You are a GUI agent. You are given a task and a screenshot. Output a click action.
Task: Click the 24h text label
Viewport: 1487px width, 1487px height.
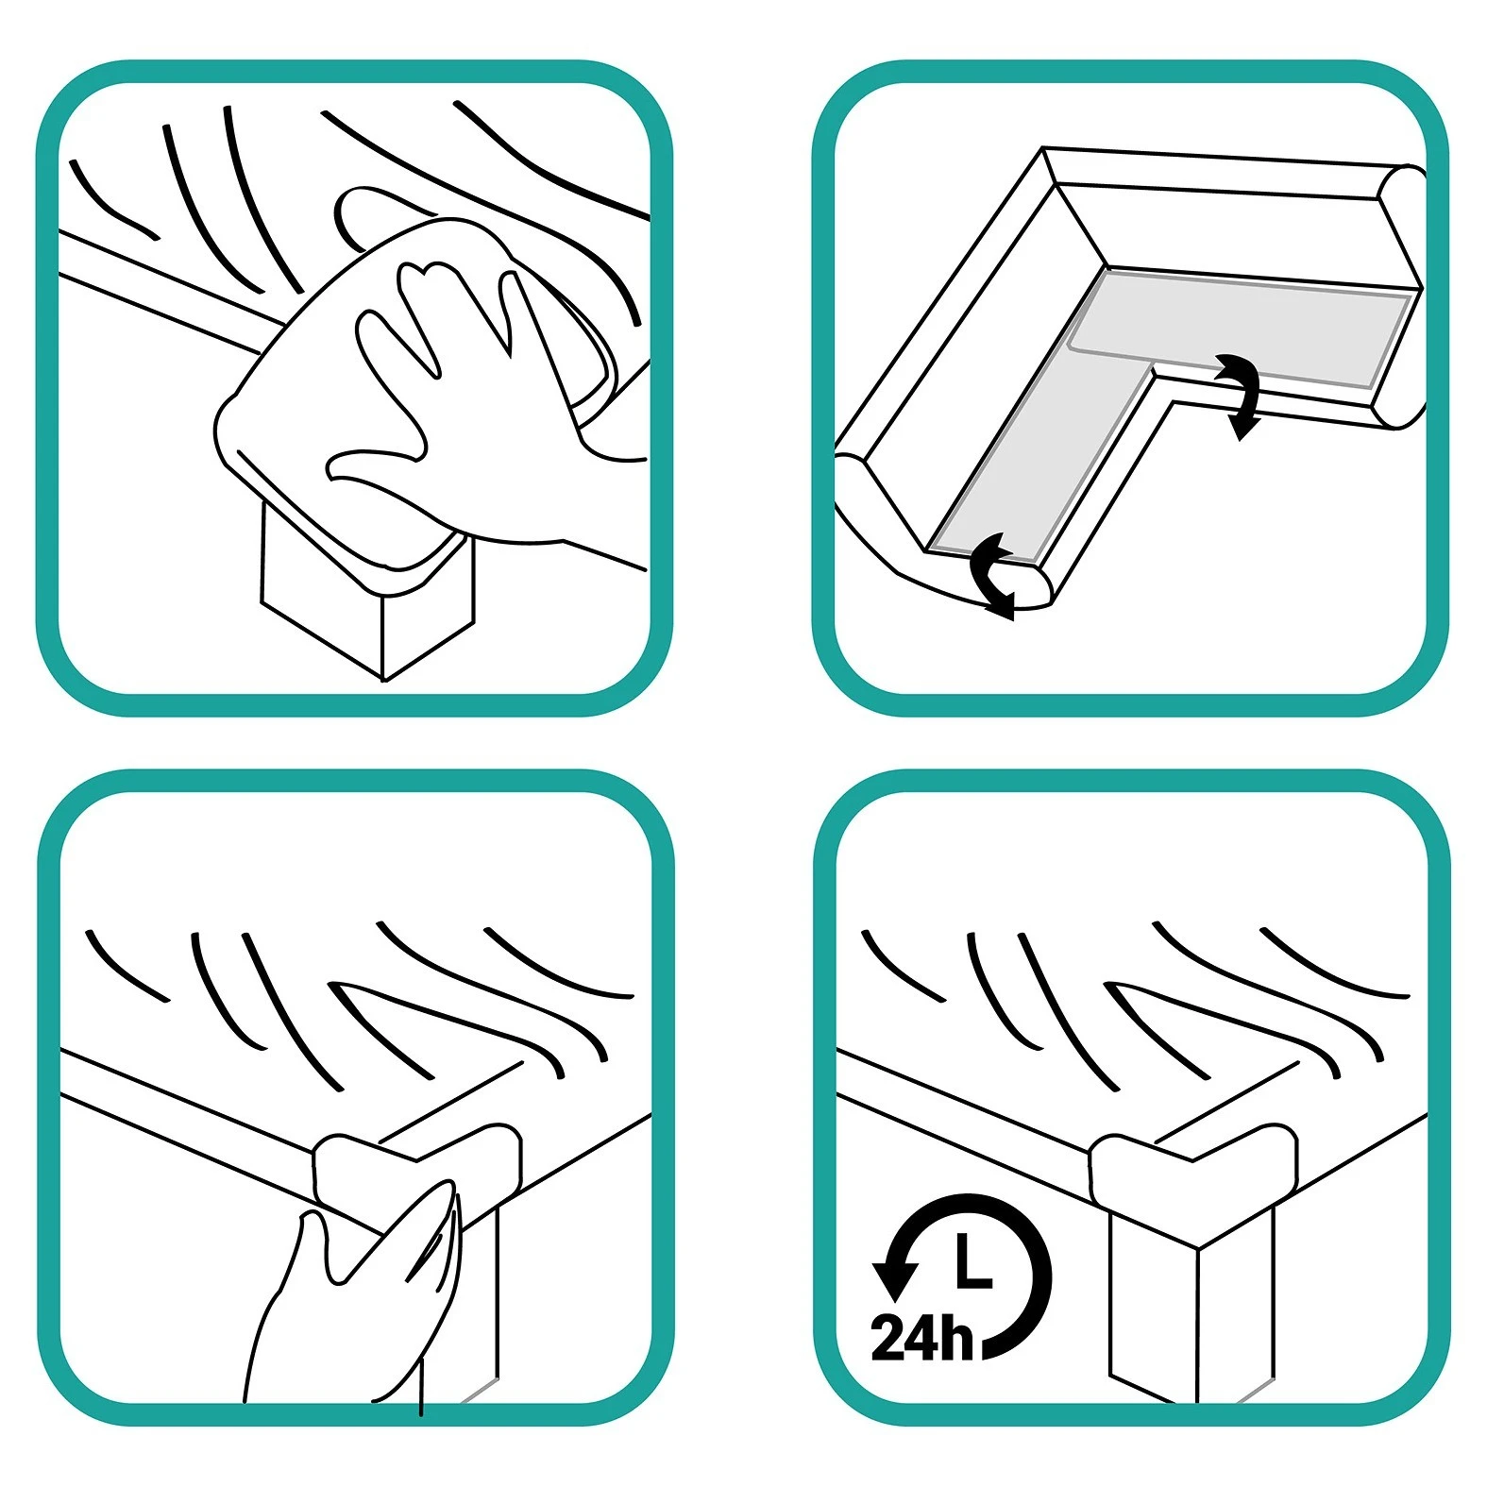pyautogui.click(x=921, y=1337)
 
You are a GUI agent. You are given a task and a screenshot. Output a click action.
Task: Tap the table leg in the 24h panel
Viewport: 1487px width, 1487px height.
pyautogui.click(x=1194, y=1312)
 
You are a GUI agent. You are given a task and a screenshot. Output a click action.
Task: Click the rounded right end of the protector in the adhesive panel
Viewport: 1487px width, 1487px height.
pyautogui.click(x=1404, y=297)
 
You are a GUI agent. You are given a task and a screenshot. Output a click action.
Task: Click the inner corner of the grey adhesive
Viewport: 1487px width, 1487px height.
pyautogui.click(x=1154, y=365)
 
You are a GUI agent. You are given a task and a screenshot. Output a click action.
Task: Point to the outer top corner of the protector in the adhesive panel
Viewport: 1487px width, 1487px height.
pyautogui.click(x=1042, y=148)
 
